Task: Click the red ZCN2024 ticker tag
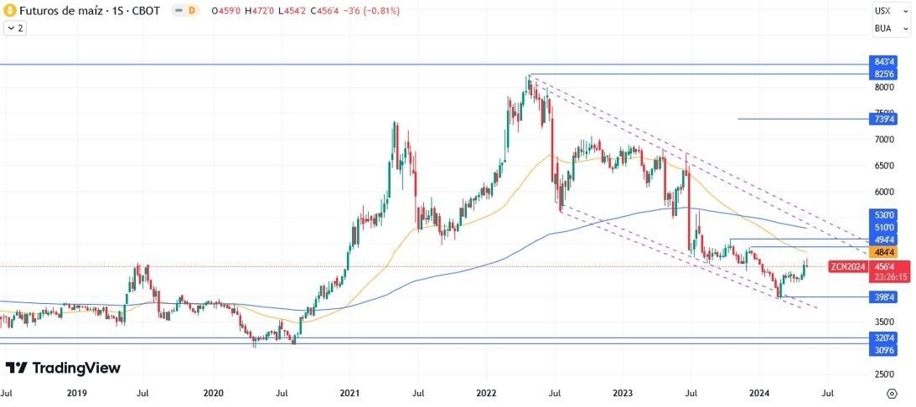tap(846, 266)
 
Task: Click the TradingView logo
tap(63, 368)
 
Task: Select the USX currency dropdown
tap(891, 11)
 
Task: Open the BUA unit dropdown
tap(891, 28)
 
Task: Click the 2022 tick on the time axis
tap(487, 392)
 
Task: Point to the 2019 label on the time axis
tap(75, 392)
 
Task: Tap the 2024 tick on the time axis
tap(758, 392)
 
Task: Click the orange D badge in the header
tap(192, 11)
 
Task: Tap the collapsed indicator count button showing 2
tap(14, 28)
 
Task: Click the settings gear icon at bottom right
tap(892, 392)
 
